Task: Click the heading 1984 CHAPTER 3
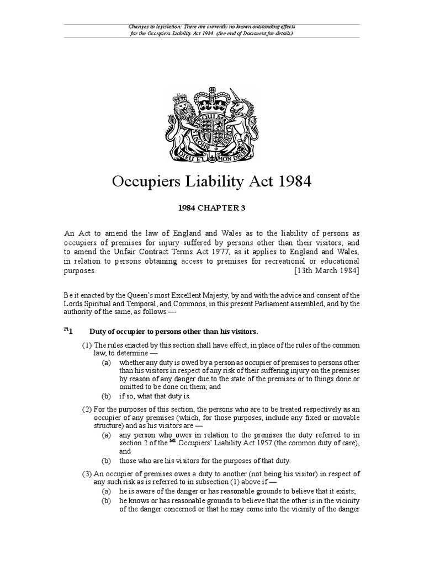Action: [211, 208]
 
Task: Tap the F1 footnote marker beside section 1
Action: [66, 330]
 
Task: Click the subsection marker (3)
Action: [87, 474]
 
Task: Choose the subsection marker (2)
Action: [87, 409]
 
